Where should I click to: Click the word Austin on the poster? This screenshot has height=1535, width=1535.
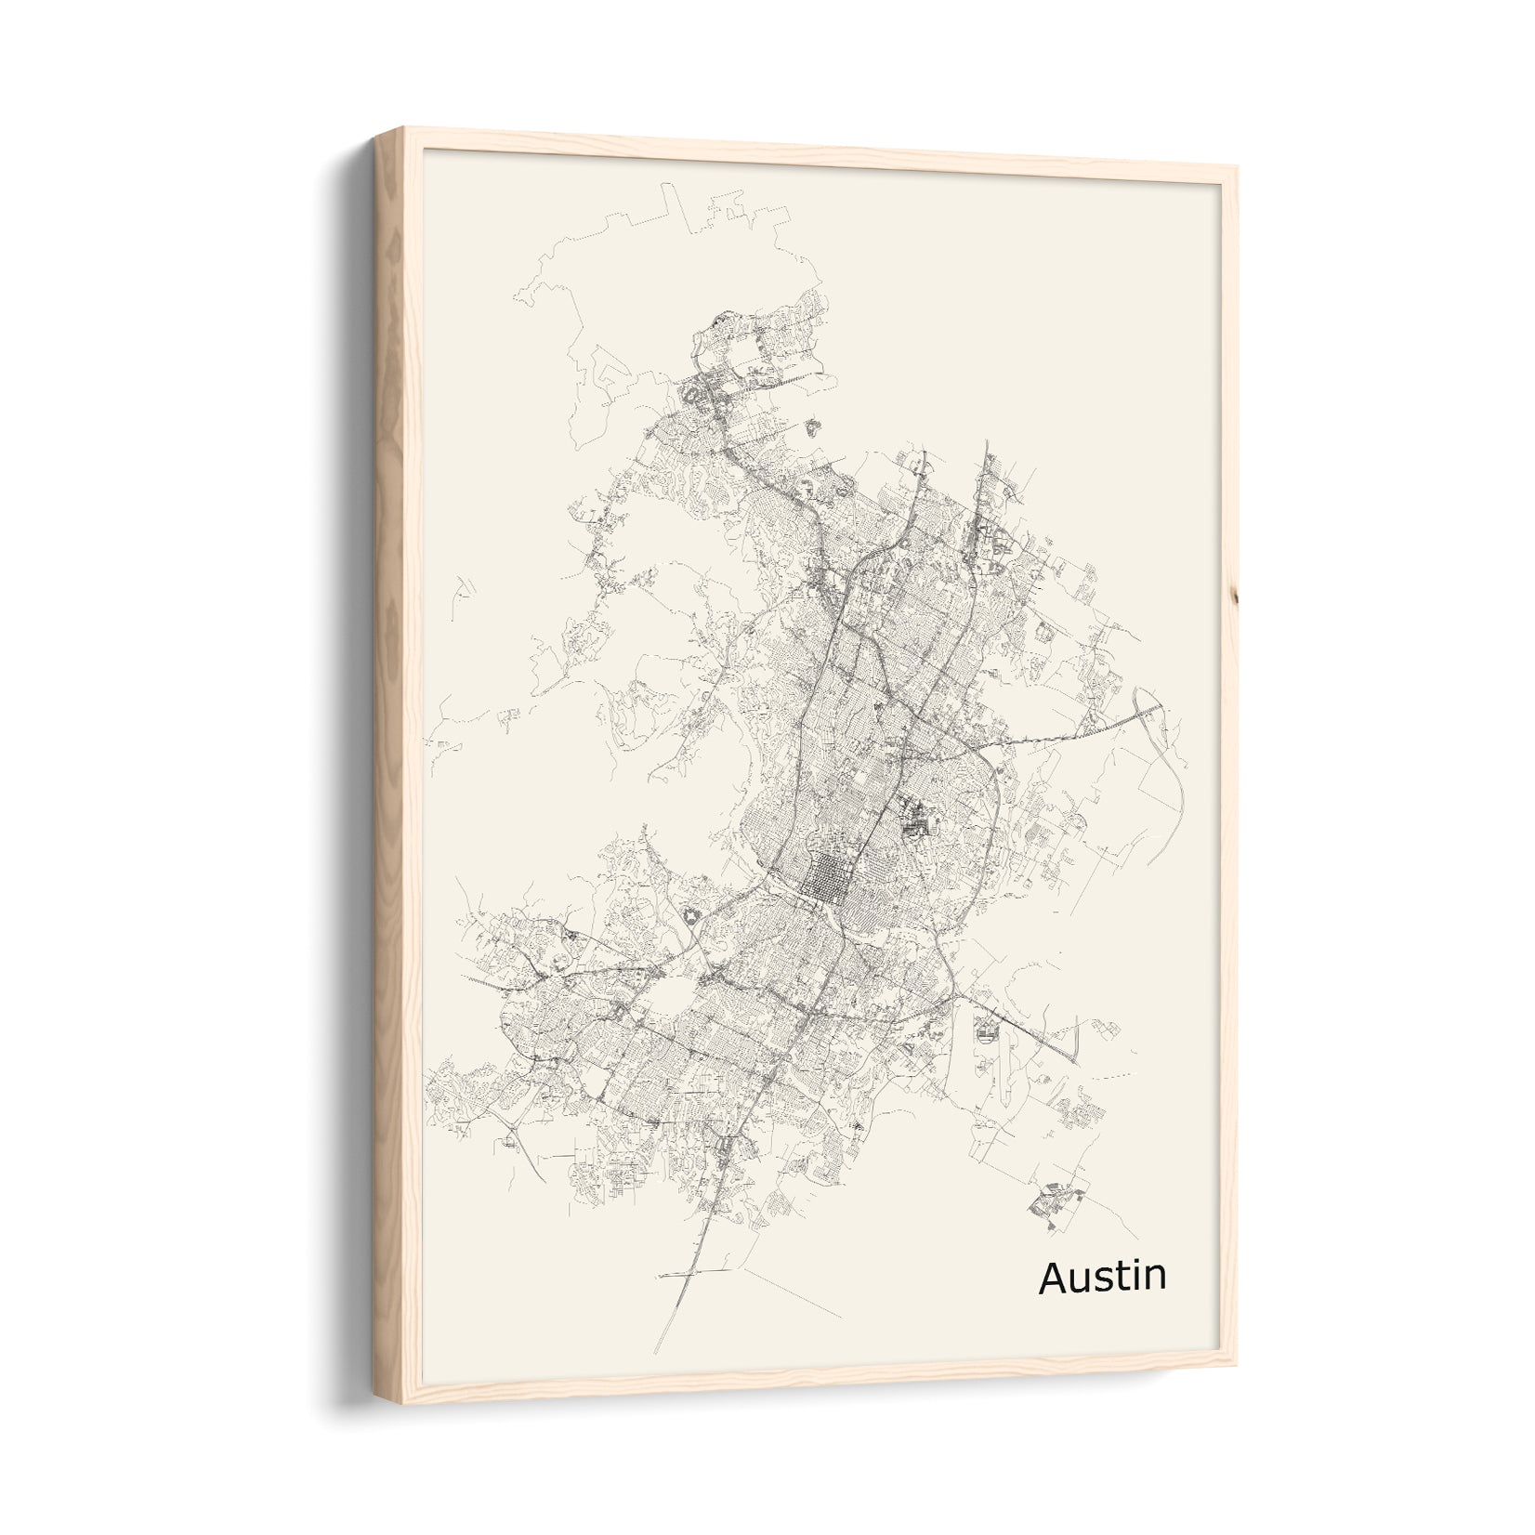(1102, 1277)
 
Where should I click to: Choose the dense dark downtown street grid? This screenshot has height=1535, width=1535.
(821, 879)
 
